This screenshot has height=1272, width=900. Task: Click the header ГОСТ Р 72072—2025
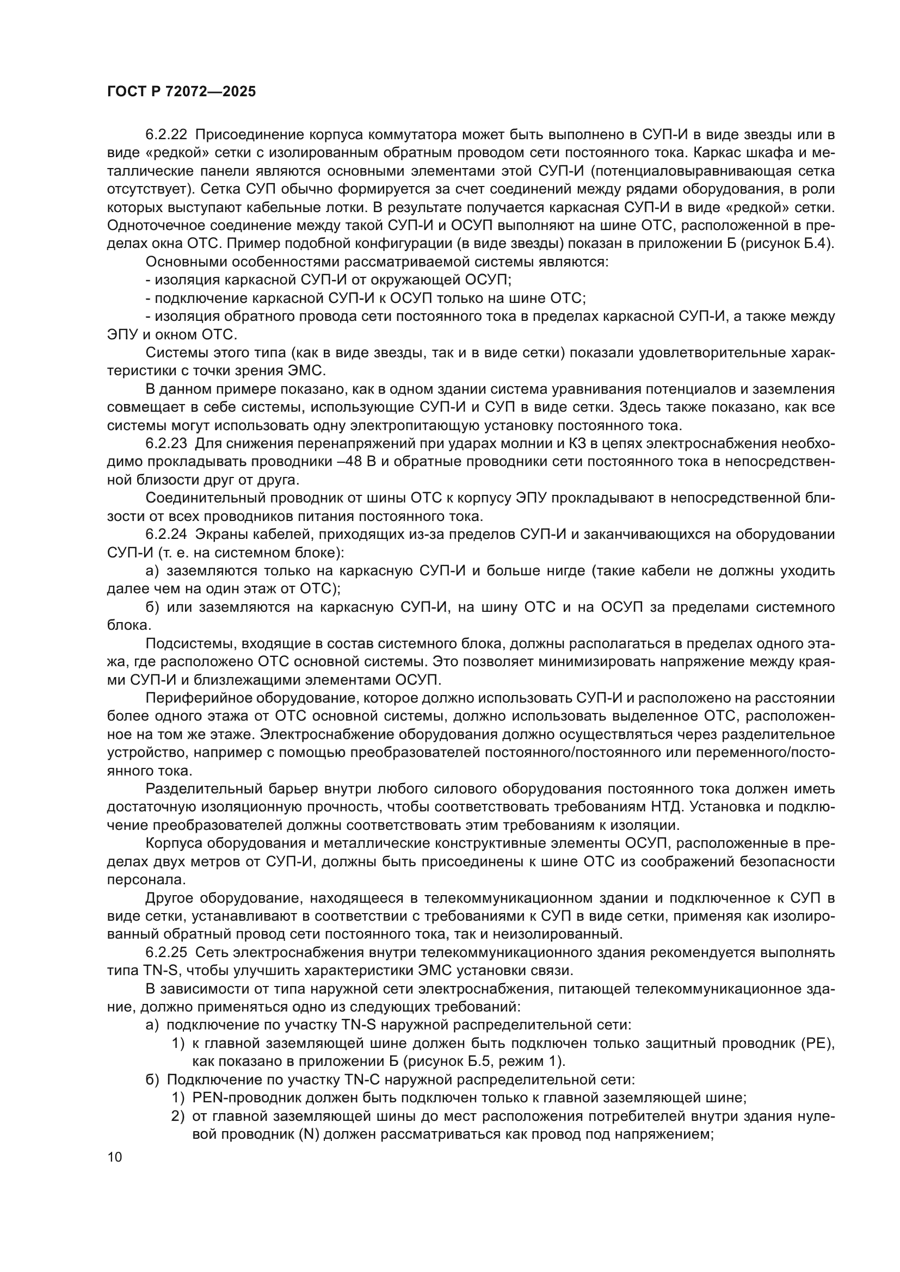pyautogui.click(x=181, y=92)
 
